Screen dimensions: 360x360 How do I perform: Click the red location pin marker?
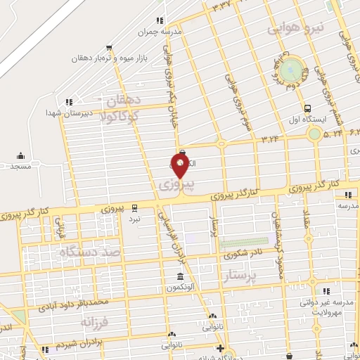(180, 167)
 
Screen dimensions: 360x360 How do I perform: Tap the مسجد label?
(21, 166)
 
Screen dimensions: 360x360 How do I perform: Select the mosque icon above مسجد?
(20, 155)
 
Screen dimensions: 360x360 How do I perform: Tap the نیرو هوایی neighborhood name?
(297, 29)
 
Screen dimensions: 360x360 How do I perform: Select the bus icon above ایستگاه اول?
(307, 108)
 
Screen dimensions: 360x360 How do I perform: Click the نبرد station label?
(134, 219)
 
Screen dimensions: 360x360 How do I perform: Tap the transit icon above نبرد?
(134, 208)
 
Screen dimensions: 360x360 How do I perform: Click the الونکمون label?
(181, 288)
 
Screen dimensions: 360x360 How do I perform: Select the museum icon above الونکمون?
(181, 276)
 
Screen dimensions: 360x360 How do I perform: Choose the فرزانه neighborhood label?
(96, 323)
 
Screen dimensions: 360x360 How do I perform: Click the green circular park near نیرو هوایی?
(290, 70)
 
